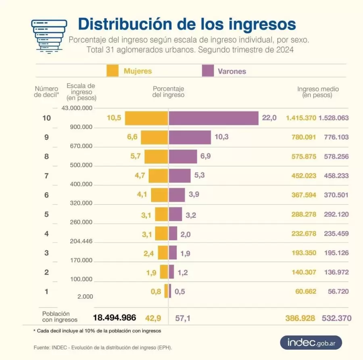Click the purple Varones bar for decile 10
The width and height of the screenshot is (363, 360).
pos(213,118)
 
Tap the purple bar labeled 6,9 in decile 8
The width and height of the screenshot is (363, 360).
pos(183,157)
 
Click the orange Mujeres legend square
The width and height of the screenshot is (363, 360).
pos(113,71)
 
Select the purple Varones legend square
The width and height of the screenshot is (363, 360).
pos(207,71)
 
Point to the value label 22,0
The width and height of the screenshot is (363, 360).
pos(269,118)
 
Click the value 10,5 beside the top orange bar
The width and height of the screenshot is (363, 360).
pos(114,118)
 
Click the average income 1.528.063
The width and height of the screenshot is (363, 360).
pos(334,118)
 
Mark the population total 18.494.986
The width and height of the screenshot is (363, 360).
pos(115,318)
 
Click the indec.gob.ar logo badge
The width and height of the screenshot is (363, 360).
pos(311,343)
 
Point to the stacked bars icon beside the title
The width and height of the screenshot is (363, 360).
pos(49,35)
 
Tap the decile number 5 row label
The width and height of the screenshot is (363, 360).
pos(46,214)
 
